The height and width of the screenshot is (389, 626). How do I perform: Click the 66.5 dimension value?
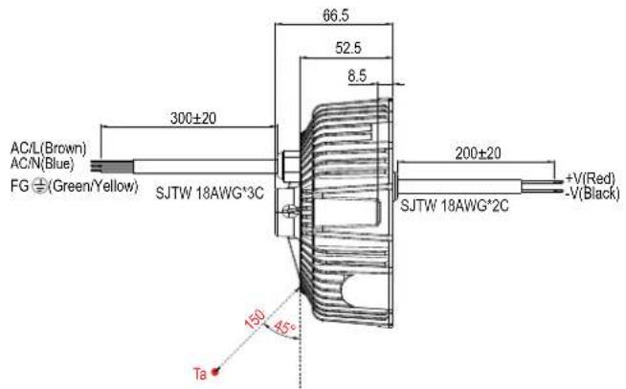(x=335, y=15)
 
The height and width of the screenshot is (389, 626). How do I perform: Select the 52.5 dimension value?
(x=348, y=48)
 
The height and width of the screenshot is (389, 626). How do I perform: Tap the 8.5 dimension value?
(x=357, y=76)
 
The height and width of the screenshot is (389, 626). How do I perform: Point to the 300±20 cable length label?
(x=192, y=119)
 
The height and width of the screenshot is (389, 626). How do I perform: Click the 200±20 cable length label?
(x=478, y=153)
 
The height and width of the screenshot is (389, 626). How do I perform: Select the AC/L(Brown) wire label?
(x=48, y=149)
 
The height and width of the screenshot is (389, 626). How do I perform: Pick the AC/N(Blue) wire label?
(x=42, y=164)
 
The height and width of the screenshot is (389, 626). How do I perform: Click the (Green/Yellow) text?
(x=93, y=186)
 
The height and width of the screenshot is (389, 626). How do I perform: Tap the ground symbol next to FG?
(x=39, y=186)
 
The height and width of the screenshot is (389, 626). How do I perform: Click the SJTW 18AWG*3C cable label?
(x=210, y=194)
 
